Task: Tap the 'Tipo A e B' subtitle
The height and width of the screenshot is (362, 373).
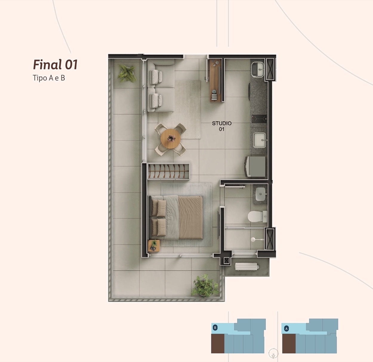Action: (x=49, y=78)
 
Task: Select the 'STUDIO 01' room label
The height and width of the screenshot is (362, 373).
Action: (x=222, y=126)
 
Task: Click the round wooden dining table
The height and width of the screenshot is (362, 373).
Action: (x=170, y=138)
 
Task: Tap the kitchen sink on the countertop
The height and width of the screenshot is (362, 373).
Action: (x=260, y=140)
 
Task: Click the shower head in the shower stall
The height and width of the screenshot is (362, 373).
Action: (x=253, y=239)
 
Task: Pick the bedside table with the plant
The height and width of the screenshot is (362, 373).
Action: (x=154, y=246)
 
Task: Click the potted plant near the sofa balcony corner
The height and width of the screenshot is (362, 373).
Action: (x=127, y=73)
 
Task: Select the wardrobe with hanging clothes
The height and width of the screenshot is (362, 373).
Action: (x=168, y=171)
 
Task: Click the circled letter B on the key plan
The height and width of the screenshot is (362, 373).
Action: (x=215, y=327)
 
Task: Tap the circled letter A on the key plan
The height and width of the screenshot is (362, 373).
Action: (x=286, y=329)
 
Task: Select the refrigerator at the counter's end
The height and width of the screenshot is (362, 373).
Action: (x=255, y=167)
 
